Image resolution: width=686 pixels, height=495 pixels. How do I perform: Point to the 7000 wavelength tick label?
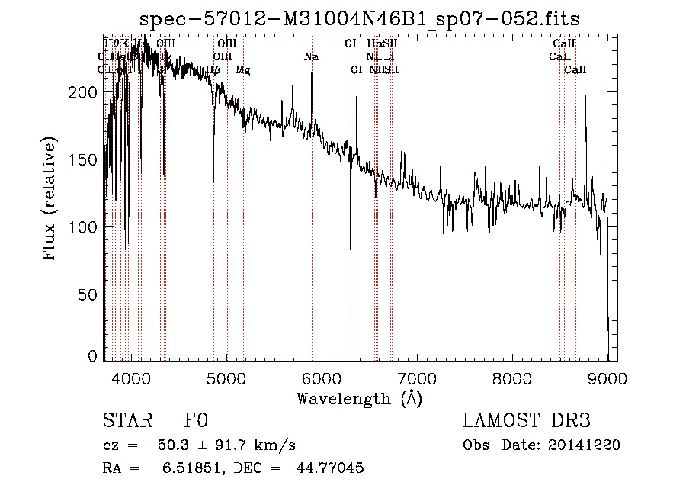point(417,378)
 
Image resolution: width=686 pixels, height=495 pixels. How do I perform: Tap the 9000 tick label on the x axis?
point(607,378)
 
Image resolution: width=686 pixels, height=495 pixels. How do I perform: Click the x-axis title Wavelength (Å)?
point(359,398)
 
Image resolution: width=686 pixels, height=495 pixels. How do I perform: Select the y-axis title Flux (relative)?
point(50,200)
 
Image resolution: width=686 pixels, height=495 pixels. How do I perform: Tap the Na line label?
point(311,56)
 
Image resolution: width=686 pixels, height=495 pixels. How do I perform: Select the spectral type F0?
point(196,422)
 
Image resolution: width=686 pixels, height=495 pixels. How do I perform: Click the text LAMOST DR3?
point(527,422)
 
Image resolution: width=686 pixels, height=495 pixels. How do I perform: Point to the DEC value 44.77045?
point(329,468)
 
